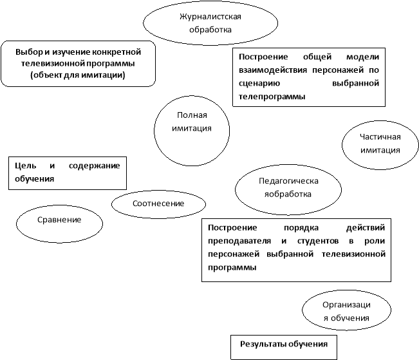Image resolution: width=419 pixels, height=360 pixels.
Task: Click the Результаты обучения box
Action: coord(284,347)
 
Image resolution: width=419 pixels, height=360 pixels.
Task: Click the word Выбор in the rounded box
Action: coord(29,52)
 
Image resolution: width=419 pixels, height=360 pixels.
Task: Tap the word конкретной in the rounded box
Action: coord(116,52)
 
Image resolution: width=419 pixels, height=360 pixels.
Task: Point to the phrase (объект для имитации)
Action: coord(78,75)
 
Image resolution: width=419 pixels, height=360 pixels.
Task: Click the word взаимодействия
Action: coord(274,70)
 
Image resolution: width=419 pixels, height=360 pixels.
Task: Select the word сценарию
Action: coord(259,84)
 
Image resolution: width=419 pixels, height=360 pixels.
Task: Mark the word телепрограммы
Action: coord(272,97)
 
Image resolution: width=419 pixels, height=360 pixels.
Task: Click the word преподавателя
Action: coord(239,241)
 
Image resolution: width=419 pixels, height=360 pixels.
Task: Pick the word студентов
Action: coord(318,241)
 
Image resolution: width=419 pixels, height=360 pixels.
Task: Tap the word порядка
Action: coord(301,228)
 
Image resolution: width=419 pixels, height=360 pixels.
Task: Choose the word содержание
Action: coord(95,166)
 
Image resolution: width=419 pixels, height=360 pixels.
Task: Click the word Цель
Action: coord(25,166)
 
